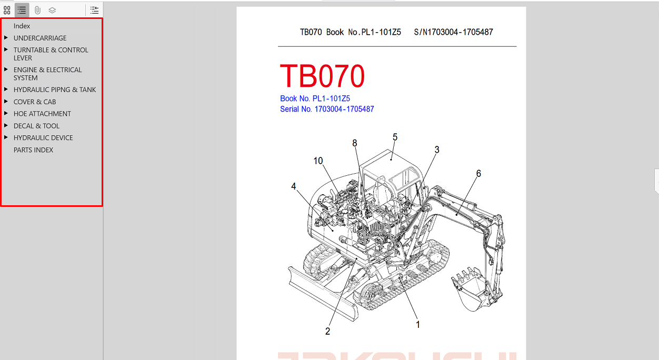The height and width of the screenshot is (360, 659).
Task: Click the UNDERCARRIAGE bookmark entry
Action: tap(40, 38)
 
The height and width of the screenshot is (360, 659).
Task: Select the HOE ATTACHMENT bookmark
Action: tap(42, 114)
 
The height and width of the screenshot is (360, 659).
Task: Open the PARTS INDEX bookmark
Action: tap(33, 150)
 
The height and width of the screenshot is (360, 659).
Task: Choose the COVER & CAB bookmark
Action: tap(35, 102)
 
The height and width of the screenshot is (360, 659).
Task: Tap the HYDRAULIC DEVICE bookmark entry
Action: tap(43, 138)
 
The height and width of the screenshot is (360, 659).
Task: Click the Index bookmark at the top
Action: tap(22, 26)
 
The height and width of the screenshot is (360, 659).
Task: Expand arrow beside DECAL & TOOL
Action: tap(6, 126)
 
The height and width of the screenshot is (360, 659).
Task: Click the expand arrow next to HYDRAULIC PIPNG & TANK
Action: tap(6, 89)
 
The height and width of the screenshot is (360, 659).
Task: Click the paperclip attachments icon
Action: tap(37, 11)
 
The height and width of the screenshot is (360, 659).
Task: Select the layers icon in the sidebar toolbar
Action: tap(52, 11)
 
